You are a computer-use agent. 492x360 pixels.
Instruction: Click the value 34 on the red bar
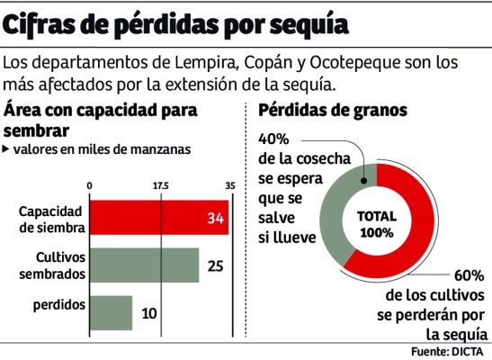214,219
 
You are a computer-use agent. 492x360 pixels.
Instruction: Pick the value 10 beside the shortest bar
149,313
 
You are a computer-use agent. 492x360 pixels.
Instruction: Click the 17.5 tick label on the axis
161,185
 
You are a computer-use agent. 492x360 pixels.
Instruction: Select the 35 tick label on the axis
229,185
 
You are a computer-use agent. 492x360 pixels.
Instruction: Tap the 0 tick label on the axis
90,185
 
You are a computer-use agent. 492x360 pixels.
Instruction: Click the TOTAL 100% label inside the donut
376,225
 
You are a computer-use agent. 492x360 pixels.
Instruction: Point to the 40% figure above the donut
273,139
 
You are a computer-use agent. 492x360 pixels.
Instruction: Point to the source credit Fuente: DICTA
447,350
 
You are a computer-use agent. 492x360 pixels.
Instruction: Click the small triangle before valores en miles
7,149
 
